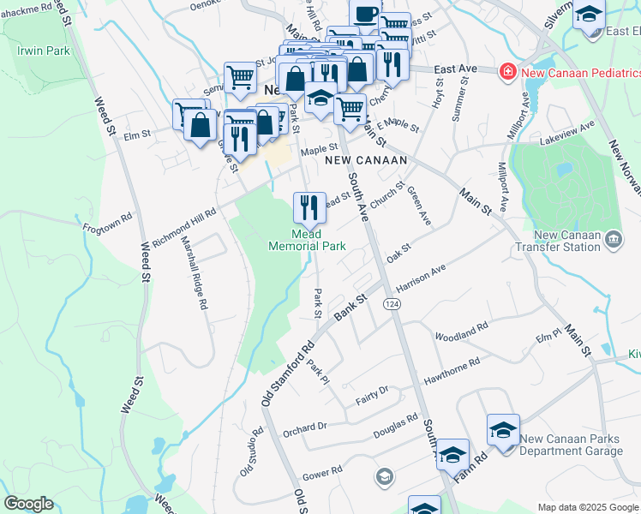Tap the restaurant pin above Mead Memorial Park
(x=309, y=206)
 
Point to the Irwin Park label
(x=43, y=51)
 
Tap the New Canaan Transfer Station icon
(x=614, y=238)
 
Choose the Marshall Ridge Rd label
(x=195, y=272)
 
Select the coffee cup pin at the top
(x=365, y=15)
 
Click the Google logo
(x=28, y=504)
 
